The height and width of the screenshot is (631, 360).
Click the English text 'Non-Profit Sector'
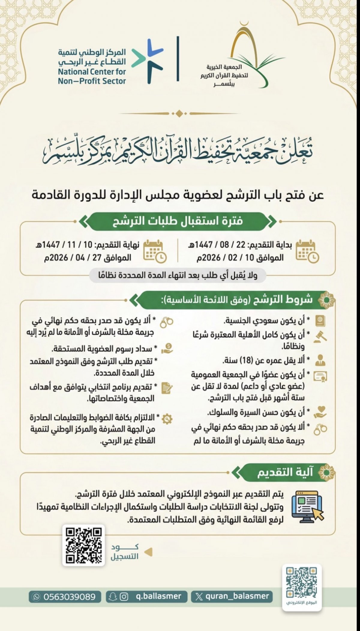click(x=92, y=81)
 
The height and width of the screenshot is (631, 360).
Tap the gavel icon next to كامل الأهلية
click(x=320, y=337)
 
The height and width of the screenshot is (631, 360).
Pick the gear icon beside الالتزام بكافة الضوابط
click(x=166, y=419)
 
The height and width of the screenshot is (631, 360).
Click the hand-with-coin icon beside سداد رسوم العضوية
click(x=167, y=348)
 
